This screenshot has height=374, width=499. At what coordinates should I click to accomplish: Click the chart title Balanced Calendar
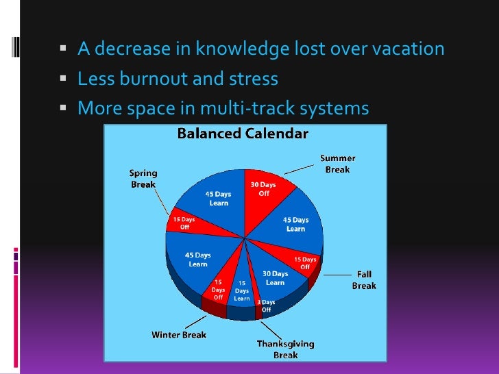click(243, 134)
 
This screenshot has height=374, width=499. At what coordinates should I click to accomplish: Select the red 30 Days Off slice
click(263, 195)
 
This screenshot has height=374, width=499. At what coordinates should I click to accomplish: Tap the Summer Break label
click(337, 164)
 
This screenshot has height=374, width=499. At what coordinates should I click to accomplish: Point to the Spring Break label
click(143, 179)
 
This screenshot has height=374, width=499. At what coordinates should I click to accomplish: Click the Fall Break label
click(364, 280)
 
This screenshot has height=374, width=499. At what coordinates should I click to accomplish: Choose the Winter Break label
click(179, 335)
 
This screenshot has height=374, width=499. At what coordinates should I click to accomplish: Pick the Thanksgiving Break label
click(286, 349)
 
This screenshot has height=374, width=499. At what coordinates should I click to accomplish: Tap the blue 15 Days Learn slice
click(242, 291)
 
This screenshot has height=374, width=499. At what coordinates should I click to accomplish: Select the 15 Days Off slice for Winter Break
click(219, 289)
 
